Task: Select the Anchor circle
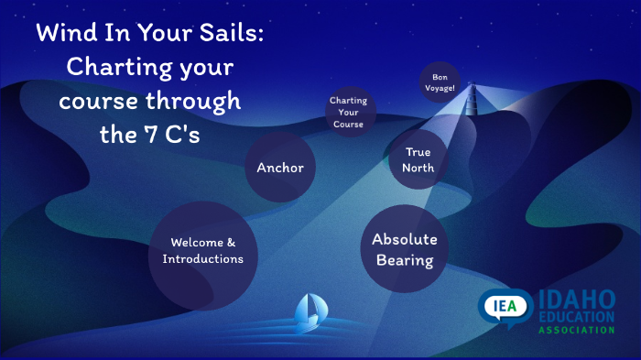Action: (280, 168)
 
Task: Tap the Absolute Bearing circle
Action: (404, 249)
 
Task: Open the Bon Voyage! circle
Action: (440, 82)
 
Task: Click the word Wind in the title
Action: (66, 35)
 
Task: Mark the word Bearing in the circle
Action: (404, 260)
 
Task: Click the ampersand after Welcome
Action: (231, 244)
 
